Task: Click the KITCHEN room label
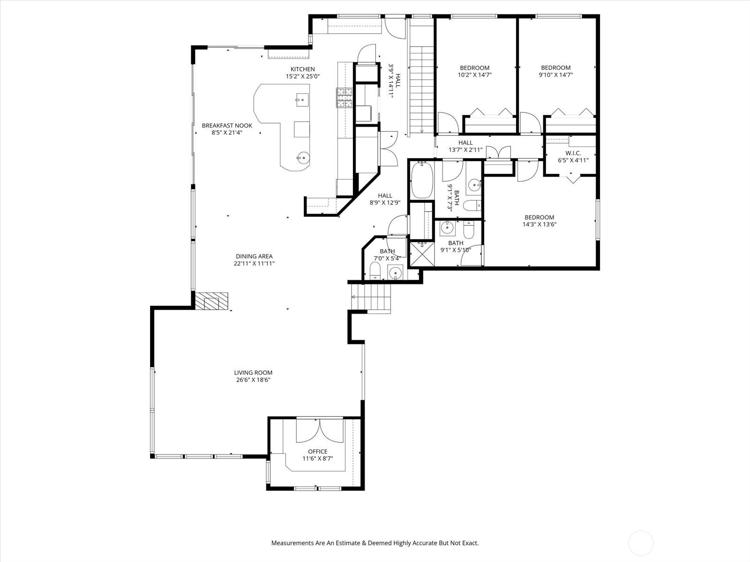(x=302, y=69)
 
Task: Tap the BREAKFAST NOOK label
(x=227, y=126)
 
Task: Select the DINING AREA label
(x=254, y=256)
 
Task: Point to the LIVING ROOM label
(x=253, y=373)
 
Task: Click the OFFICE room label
(x=318, y=451)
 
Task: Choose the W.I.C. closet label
(x=573, y=153)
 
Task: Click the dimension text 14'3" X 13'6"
(x=540, y=224)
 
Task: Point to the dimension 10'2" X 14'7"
(x=474, y=75)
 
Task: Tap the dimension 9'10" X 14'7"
(x=556, y=75)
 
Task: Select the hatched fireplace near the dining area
(x=211, y=301)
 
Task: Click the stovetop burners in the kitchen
(x=345, y=97)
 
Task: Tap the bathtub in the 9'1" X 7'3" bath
(x=421, y=180)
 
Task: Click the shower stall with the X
(x=422, y=254)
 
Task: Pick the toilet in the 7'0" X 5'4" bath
(x=375, y=271)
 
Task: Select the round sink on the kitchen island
(x=302, y=158)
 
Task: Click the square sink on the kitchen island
(x=302, y=100)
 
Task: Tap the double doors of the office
(x=320, y=430)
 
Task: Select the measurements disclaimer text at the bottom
(x=375, y=543)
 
